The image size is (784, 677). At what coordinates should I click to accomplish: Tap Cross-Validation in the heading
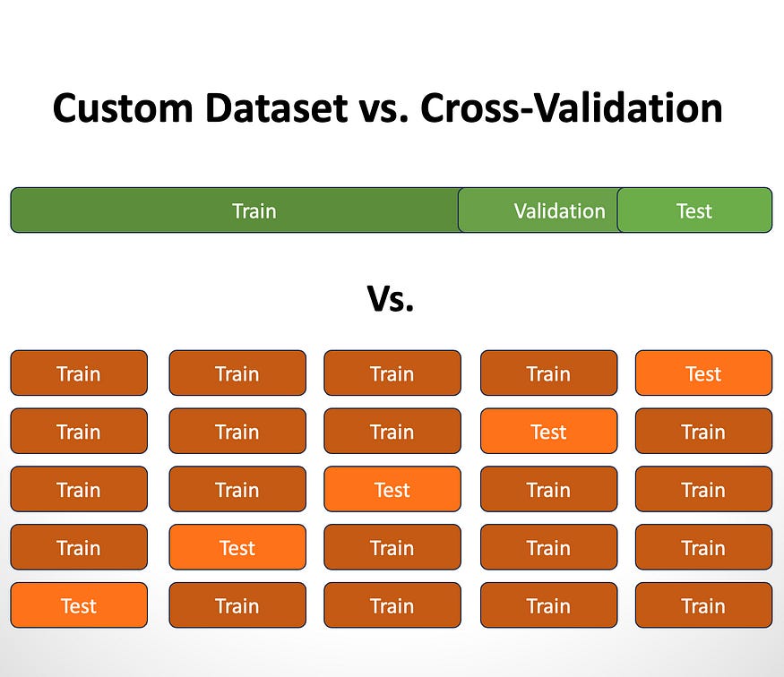[x=571, y=108]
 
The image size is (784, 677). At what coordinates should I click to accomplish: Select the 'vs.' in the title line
[x=383, y=108]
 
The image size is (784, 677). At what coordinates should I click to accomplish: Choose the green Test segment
[x=694, y=210]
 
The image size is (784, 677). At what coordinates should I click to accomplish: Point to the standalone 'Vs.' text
[x=391, y=298]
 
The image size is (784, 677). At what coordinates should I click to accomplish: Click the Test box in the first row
[x=703, y=373]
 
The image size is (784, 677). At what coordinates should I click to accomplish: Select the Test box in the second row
[x=548, y=432]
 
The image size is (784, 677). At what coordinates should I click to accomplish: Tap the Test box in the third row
[x=392, y=490]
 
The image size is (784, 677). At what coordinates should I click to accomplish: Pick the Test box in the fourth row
[x=237, y=547]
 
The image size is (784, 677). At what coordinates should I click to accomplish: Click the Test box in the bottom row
[x=79, y=605]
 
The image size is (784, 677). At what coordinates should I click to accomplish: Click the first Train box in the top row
[x=79, y=373]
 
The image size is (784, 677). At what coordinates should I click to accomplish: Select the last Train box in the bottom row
[x=703, y=605]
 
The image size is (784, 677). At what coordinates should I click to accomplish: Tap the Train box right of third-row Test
[x=548, y=490]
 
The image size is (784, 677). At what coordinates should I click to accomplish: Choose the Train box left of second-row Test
[x=392, y=432]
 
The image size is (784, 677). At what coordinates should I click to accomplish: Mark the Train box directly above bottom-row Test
[x=79, y=547]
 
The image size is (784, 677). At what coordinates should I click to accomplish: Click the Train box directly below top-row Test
[x=703, y=432]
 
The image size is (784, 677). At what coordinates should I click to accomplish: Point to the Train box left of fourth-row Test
[x=79, y=547]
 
